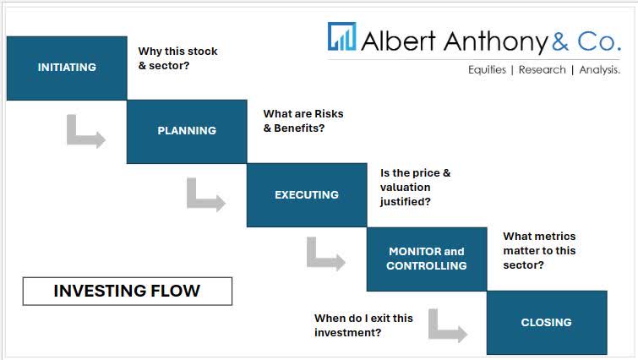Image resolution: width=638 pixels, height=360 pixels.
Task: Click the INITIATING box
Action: click(67, 68)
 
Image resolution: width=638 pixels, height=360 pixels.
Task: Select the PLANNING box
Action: click(187, 131)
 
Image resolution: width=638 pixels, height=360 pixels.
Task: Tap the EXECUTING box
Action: click(306, 195)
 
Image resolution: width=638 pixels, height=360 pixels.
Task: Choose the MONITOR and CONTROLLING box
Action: click(426, 259)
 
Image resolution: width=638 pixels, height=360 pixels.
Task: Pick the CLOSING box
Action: click(546, 322)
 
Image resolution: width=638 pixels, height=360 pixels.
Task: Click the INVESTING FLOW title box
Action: click(127, 292)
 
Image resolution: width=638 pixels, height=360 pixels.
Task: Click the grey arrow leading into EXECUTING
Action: click(205, 195)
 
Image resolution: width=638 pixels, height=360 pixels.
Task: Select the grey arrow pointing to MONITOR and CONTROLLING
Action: click(325, 254)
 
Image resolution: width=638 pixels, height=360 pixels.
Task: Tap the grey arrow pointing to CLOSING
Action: click(447, 325)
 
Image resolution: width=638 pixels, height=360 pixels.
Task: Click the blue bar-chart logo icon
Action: click(342, 38)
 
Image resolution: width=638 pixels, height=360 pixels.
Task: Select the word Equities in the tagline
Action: click(487, 70)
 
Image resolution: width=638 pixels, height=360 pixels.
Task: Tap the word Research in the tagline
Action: click(542, 70)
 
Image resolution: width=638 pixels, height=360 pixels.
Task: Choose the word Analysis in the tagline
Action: click(599, 70)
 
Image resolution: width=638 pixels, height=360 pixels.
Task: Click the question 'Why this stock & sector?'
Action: click(177, 58)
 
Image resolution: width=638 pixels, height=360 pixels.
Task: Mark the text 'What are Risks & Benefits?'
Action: click(303, 121)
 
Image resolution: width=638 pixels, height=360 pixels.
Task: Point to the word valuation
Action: click(405, 188)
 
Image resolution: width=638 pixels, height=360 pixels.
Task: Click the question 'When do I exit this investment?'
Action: click(363, 325)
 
